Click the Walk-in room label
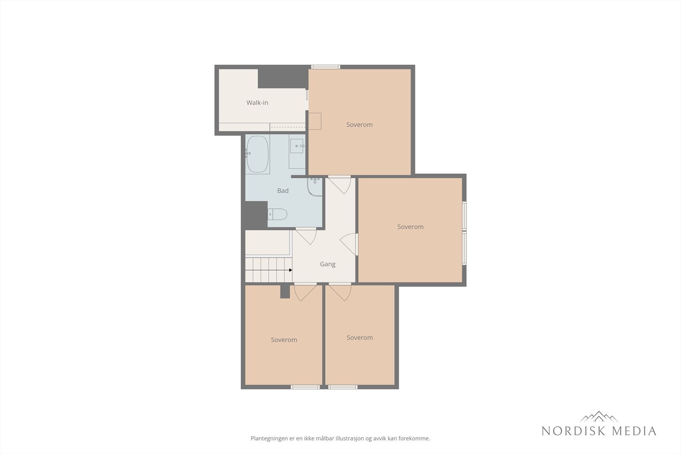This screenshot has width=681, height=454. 257,103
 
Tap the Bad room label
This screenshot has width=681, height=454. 283,191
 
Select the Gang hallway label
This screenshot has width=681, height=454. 327,264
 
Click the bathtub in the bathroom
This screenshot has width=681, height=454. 258,154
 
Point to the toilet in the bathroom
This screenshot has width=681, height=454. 278,214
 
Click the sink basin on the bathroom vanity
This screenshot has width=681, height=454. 297,146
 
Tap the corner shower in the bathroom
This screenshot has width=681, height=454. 315,187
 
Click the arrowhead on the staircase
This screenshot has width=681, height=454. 290,270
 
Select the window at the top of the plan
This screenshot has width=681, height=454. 326,67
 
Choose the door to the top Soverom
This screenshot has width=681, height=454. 340,185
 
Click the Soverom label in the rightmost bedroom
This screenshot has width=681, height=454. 410,227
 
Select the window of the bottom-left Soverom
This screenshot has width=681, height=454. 305,387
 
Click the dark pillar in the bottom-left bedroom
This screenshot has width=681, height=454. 285,292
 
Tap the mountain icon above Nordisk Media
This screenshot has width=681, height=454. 599,417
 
